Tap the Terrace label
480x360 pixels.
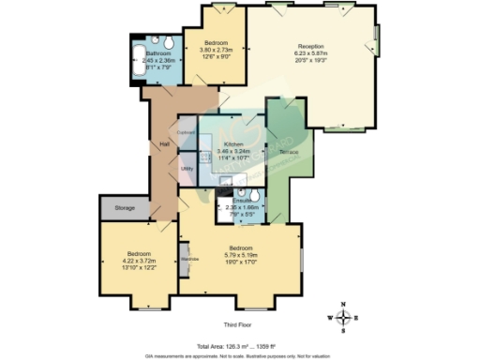(289, 151)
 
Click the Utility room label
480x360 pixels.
(187, 168)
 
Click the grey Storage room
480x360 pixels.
(126, 207)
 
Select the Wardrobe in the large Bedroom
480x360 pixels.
(187, 258)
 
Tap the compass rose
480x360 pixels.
(344, 318)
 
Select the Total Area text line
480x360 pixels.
(244, 344)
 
